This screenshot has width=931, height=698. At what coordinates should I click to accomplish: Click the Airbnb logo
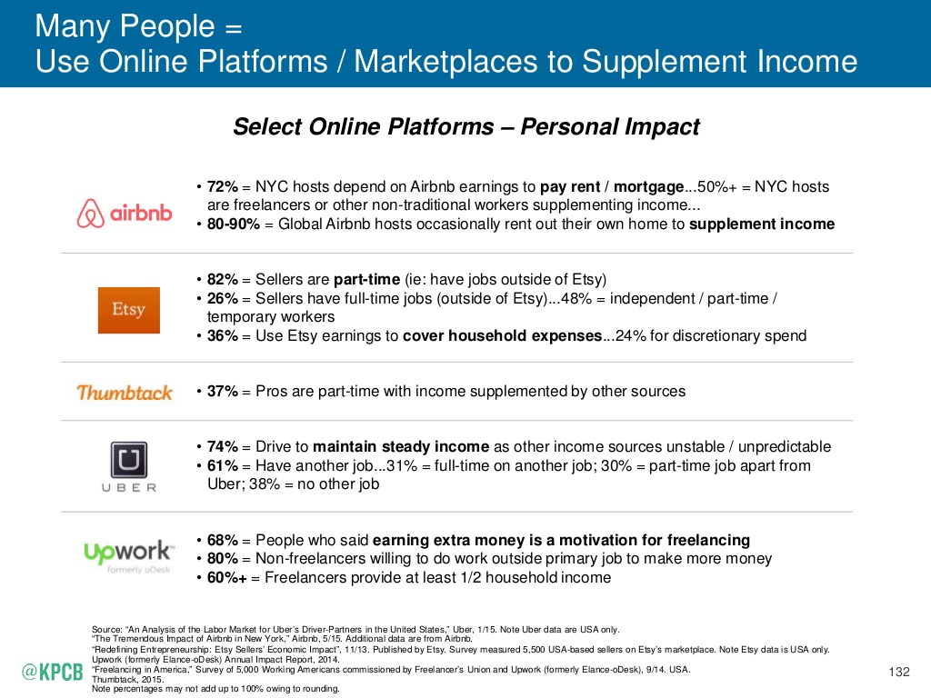[125, 214]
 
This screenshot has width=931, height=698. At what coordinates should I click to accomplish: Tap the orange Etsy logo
[128, 310]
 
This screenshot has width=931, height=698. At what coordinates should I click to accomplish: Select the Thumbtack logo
[125, 393]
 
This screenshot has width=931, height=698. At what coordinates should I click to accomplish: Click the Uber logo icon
[128, 460]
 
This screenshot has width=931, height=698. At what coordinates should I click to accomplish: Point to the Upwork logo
[126, 552]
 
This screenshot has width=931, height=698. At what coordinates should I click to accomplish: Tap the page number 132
[898, 672]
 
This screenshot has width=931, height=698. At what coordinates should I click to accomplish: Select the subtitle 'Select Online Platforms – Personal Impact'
[465, 126]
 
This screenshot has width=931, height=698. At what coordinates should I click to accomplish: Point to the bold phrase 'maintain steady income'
[401, 447]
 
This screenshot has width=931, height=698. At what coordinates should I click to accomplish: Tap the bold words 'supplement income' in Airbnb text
[762, 224]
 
